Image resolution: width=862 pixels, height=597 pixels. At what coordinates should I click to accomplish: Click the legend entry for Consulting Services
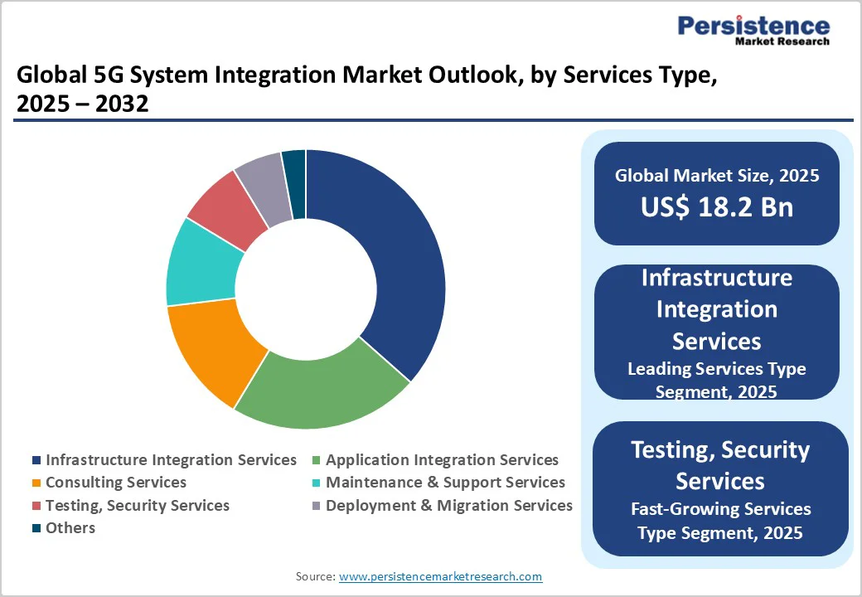115,483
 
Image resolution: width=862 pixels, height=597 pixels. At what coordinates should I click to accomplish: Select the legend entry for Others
70,528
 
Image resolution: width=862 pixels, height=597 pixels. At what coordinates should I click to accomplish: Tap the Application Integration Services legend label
442,460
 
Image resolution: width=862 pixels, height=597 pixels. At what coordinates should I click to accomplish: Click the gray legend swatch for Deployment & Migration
316,506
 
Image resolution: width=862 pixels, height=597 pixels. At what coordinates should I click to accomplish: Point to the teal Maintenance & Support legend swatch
316,483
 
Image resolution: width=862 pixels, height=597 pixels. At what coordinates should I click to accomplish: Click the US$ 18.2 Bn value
716,207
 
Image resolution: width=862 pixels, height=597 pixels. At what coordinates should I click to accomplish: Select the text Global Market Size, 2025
716,176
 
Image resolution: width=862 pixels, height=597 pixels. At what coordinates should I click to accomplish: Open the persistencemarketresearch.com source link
440,576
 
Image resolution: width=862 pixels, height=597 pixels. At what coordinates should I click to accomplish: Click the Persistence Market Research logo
753,31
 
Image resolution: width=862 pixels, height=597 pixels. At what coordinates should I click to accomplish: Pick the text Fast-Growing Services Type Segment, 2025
719,521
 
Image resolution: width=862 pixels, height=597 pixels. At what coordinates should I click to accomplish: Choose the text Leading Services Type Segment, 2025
716,380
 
